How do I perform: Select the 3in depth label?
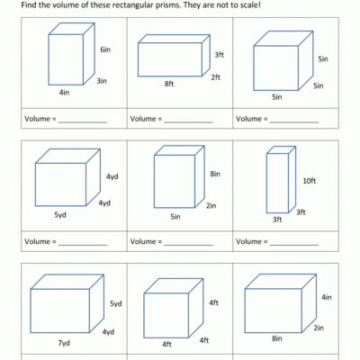click(103, 80)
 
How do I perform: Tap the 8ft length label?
click(168, 84)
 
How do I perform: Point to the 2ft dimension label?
click(216, 76)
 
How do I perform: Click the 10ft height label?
click(309, 180)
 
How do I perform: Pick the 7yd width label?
click(63, 344)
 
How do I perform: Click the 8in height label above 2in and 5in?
click(215, 174)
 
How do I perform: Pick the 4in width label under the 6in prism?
click(64, 92)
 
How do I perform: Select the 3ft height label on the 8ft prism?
click(219, 55)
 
